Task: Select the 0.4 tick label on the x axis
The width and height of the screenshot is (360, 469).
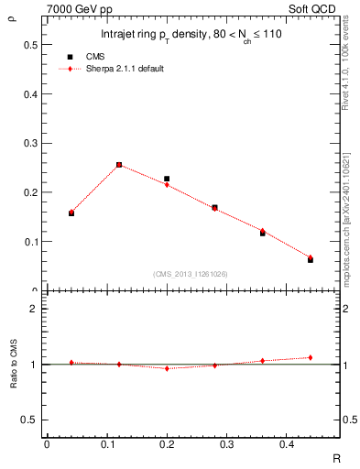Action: (286, 443)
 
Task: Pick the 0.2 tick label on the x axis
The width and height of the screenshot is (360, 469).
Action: (166, 443)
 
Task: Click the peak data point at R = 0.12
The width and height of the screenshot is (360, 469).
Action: (119, 165)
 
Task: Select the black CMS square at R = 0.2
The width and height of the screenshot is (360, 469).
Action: (167, 179)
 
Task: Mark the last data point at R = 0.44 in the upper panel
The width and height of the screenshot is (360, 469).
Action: (311, 259)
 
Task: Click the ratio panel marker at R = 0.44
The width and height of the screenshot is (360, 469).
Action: (311, 357)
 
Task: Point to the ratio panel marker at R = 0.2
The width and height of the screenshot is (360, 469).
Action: (167, 368)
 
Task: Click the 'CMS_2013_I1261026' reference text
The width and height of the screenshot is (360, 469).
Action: (191, 273)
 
